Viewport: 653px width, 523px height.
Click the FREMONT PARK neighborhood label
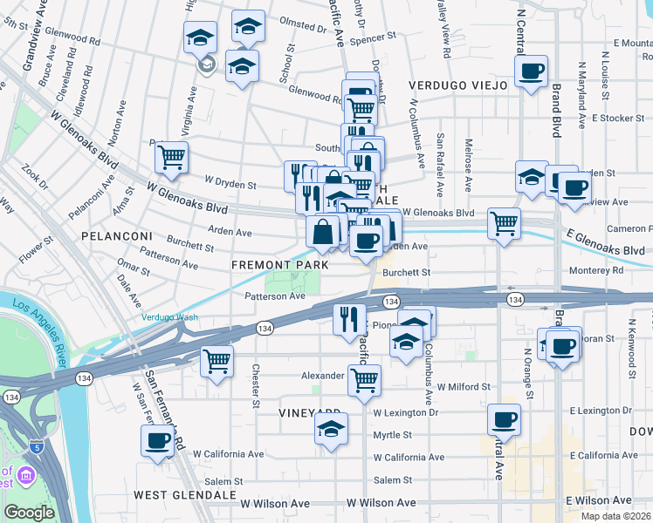click(280, 264)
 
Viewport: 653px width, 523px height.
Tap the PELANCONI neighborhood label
click(117, 236)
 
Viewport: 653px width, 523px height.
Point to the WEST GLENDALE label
click(185, 494)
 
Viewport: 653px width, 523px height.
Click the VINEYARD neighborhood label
click(310, 412)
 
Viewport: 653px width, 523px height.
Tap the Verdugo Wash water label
click(170, 317)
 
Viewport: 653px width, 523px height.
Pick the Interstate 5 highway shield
click(35, 446)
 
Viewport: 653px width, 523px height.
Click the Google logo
click(29, 512)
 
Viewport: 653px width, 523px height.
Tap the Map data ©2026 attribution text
click(616, 516)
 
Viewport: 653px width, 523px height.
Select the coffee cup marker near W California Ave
click(158, 440)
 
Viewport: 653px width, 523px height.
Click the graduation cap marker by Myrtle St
click(331, 429)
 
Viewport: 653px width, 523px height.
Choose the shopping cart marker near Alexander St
click(364, 380)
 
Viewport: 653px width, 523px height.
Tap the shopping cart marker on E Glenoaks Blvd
click(505, 224)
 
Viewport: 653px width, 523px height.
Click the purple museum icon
click(24, 477)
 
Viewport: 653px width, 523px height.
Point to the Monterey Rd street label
click(605, 270)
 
